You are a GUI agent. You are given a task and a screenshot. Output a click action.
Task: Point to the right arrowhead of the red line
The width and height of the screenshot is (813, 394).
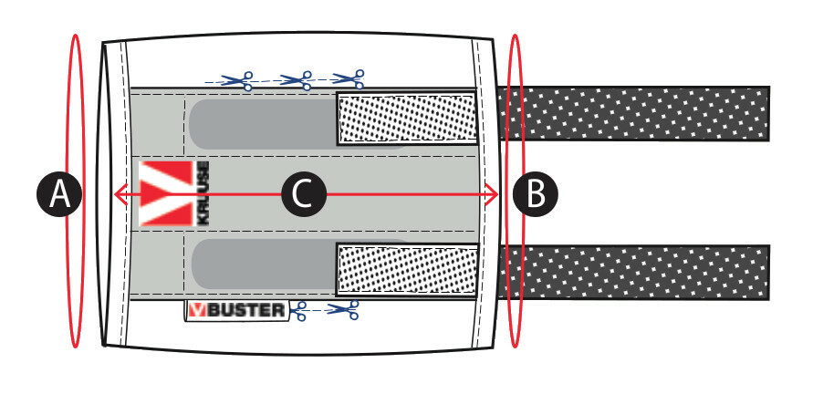click(x=494, y=194)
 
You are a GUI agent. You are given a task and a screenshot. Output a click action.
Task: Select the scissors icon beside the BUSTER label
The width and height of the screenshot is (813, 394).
click(x=345, y=311)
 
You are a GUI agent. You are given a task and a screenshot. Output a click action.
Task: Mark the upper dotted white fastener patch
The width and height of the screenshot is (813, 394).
click(x=407, y=119)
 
